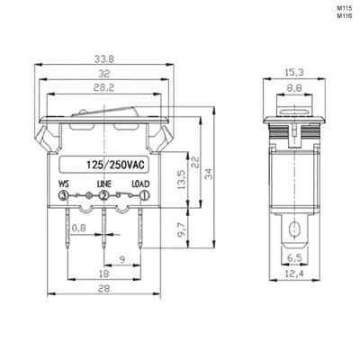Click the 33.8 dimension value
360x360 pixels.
pyautogui.click(x=104, y=59)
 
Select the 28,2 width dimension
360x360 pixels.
pyautogui.click(x=104, y=88)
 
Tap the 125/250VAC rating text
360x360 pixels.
pyautogui.click(x=115, y=165)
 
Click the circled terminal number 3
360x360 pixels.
pyautogui.click(x=63, y=195)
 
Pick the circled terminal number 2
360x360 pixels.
pyautogui.click(x=103, y=195)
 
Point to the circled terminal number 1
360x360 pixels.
pyautogui.click(x=145, y=195)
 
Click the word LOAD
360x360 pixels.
pyautogui.click(x=141, y=184)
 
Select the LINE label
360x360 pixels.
pyautogui.click(x=104, y=184)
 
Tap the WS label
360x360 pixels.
pyautogui.click(x=63, y=184)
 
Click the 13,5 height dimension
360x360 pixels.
pyautogui.click(x=182, y=179)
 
